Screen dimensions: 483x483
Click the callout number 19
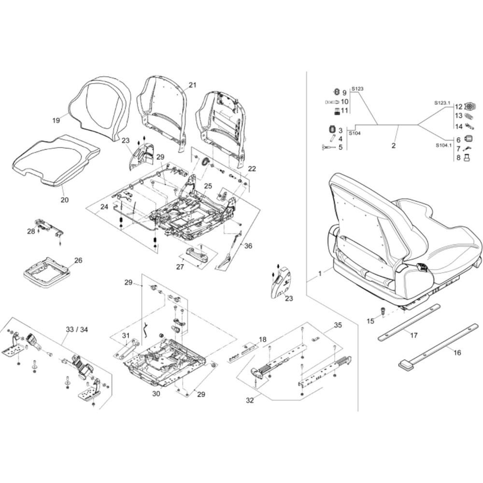tap(56, 120)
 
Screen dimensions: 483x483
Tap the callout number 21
tap(193, 85)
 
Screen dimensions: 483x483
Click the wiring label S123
tap(357, 89)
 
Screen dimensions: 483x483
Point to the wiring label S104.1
tap(443, 145)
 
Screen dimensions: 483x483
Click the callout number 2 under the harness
tap(393, 145)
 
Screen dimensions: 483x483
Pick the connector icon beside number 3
tap(331, 130)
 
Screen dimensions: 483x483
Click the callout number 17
tap(414, 335)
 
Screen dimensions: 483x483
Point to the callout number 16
tap(457, 353)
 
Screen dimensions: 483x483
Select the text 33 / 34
tap(77, 329)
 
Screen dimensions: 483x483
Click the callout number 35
tap(338, 325)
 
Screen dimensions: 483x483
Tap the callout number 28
tap(31, 231)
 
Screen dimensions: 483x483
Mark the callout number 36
tap(248, 246)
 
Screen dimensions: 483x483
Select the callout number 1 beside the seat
tap(320, 273)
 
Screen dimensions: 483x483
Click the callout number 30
tap(156, 393)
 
